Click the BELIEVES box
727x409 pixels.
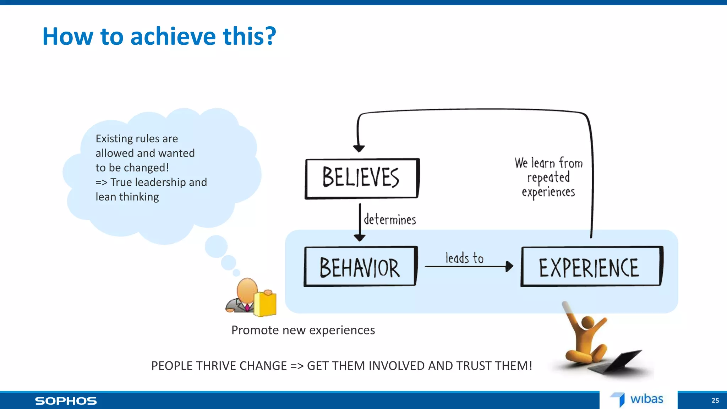point(362,178)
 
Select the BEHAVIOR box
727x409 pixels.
point(360,267)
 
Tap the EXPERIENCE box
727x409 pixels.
point(591,267)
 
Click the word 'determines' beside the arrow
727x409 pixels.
point(390,220)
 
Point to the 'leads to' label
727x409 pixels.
point(464,258)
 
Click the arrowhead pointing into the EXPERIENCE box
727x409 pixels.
point(509,266)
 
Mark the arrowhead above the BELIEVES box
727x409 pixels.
point(359,148)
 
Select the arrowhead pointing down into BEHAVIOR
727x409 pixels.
point(360,238)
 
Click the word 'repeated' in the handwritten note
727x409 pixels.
point(548,178)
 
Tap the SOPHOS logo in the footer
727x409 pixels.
point(66,401)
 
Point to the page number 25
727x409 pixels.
point(715,400)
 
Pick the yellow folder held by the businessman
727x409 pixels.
point(265,304)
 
